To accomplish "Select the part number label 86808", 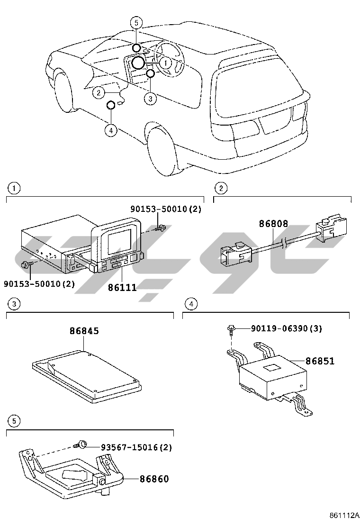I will click(x=273, y=224).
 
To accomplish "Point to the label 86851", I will click(x=320, y=361).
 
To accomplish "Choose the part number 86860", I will click(x=154, y=479).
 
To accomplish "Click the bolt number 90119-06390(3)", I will click(x=286, y=328).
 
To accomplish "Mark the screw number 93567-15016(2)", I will click(x=136, y=447).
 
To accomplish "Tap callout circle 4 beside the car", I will click(x=111, y=130).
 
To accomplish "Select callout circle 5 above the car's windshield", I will click(x=136, y=22).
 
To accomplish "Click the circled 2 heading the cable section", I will click(x=220, y=188).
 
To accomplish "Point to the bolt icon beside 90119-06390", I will click(x=232, y=328).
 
